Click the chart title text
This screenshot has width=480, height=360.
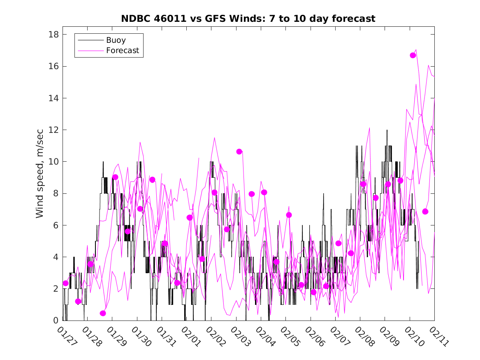248,19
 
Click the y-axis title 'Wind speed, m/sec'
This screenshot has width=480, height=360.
40,177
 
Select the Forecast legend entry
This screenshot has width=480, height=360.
123,51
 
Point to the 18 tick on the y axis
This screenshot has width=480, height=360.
53,34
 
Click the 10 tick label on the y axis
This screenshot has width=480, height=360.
53,161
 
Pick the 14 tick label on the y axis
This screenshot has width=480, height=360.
53,98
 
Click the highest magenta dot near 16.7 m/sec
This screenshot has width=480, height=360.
413,55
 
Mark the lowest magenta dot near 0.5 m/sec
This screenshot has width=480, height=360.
103,313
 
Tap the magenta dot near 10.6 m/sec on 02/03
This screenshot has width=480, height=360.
239,151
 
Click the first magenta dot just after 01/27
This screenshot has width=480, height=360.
65,283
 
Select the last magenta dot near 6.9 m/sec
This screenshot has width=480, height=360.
425,211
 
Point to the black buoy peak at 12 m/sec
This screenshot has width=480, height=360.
387,130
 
